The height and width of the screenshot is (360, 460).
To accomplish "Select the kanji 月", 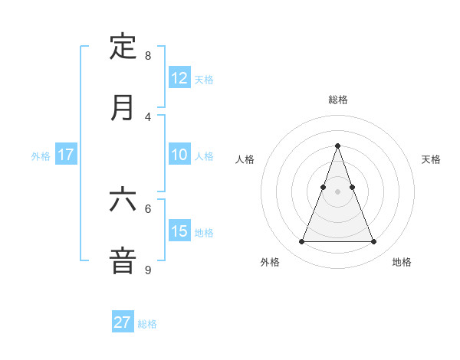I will (123, 107).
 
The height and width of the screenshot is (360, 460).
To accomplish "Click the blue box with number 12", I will (179, 78).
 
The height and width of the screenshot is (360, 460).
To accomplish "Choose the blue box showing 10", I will (179, 155).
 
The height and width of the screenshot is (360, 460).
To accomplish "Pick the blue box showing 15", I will (179, 231).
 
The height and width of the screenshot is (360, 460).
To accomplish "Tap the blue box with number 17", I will (66, 155).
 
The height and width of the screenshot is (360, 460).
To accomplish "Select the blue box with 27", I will (123, 322).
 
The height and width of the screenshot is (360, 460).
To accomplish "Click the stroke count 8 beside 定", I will (148, 56).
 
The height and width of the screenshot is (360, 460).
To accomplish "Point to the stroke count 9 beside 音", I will (148, 270).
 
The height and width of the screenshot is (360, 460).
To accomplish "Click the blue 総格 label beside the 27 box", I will (147, 324).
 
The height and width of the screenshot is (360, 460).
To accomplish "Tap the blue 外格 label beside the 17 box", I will (41, 156).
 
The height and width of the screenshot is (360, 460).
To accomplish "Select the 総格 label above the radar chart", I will (337, 100).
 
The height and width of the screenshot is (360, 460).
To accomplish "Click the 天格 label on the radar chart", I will (431, 159).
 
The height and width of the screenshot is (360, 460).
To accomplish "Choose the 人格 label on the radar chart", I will (245, 159).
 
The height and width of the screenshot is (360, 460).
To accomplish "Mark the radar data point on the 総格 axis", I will (337, 146).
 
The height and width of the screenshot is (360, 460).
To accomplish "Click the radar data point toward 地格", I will (373, 242).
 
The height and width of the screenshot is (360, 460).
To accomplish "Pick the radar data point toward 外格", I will (301, 242).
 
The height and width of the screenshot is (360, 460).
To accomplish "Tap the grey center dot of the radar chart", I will (337, 191).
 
